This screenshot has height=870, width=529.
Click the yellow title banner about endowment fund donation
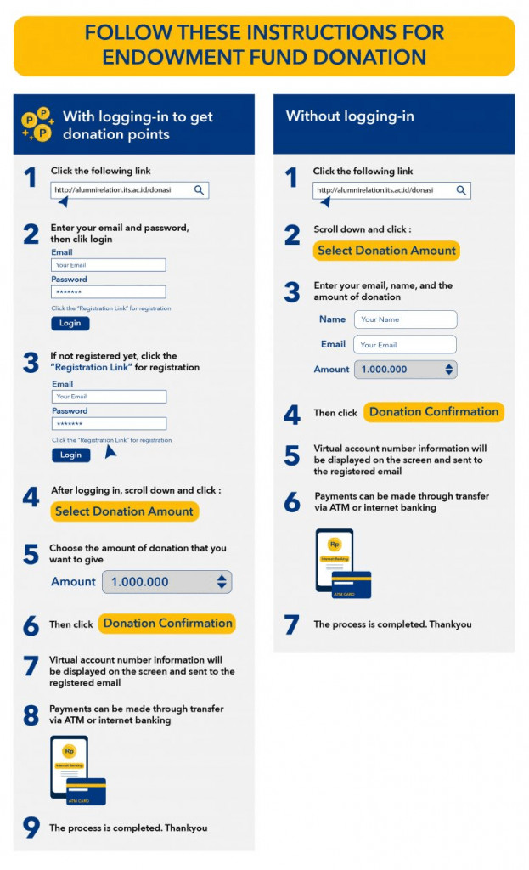pos(264,45)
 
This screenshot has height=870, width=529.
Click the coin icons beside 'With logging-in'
pos(37,125)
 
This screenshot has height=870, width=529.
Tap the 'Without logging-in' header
pos(350,116)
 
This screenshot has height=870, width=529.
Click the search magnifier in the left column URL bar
pos(200,190)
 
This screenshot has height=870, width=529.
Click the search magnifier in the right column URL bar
pos(461,190)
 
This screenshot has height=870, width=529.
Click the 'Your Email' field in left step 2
pos(108,265)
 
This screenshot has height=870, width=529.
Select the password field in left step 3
pos(108,423)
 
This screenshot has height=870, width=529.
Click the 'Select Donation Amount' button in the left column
pos(125,511)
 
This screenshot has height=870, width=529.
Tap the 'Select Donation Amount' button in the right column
pos(386,251)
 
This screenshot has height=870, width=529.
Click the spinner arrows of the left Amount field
pos(222,582)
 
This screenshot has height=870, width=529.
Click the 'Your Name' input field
pos(406,319)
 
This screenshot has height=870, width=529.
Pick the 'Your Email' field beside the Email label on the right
pos(406,345)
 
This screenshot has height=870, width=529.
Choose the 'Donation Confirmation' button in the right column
pos(434,412)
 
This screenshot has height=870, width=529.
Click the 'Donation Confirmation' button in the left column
pos(167,624)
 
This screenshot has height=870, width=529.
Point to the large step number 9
pos(31,828)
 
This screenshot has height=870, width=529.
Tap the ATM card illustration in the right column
pos(351,584)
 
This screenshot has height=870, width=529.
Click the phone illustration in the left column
pos(69,766)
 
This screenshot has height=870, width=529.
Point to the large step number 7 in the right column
pos(292,624)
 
